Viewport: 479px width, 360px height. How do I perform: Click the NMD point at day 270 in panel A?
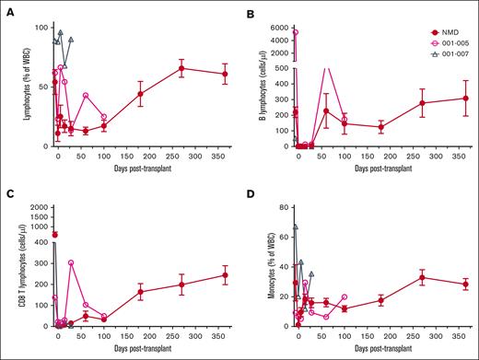click(x=181, y=68)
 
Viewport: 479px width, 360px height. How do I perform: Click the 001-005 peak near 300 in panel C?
click(x=71, y=263)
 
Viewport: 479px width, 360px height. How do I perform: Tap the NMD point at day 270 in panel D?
click(x=421, y=277)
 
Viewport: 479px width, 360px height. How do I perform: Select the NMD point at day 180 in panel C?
click(x=140, y=292)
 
